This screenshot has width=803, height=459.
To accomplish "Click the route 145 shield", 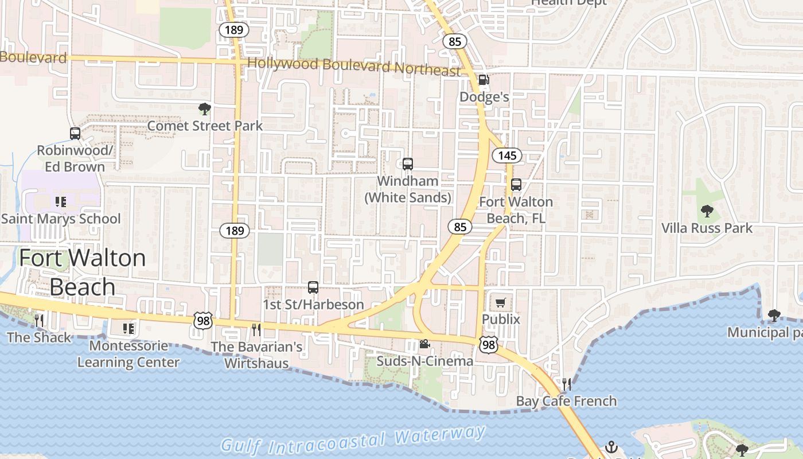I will (507, 155).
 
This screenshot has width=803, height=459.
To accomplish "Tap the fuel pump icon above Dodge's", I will (484, 80).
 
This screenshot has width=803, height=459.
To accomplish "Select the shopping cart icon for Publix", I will (501, 302).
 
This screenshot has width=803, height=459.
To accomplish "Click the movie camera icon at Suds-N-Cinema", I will (424, 344).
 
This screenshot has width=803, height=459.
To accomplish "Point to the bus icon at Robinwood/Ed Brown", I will (75, 134).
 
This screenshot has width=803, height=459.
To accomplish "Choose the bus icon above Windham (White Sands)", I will (408, 164).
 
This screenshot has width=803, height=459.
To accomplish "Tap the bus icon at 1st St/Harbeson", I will (313, 287).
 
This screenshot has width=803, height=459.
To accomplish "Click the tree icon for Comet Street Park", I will (204, 108).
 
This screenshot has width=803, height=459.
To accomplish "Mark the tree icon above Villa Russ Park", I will (707, 211).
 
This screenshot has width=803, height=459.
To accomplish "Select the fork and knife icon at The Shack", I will (39, 320).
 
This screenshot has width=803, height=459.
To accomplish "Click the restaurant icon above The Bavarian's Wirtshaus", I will (256, 329).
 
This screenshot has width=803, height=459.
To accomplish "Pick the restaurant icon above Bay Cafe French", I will (567, 384).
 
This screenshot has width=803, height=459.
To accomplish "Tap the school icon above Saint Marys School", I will (61, 201).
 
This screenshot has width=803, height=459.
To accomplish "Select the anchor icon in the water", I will (611, 446).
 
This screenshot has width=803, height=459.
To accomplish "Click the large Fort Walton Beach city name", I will (83, 272).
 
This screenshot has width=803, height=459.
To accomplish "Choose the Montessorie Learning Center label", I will (128, 354).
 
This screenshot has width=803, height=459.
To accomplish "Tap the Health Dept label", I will (568, 3).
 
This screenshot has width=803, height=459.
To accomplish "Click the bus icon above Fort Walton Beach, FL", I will (516, 185).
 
